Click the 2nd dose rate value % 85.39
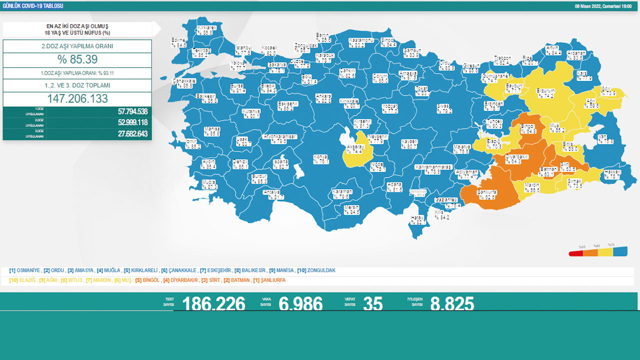pos(77,60)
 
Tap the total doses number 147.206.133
pos(77,98)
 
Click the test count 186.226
pos(213,303)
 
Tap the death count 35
pos(372,303)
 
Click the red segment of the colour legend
pos(576,253)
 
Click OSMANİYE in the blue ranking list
pos(28,270)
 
